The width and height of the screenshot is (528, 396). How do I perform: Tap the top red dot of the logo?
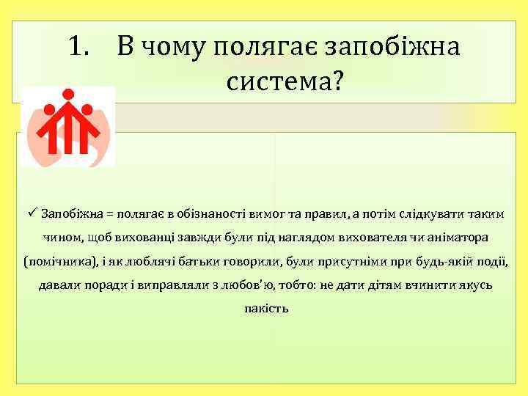(x=68, y=93)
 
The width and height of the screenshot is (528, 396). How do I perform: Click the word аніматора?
(x=461, y=238)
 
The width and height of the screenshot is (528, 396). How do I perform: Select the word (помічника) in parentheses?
(x=55, y=261)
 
